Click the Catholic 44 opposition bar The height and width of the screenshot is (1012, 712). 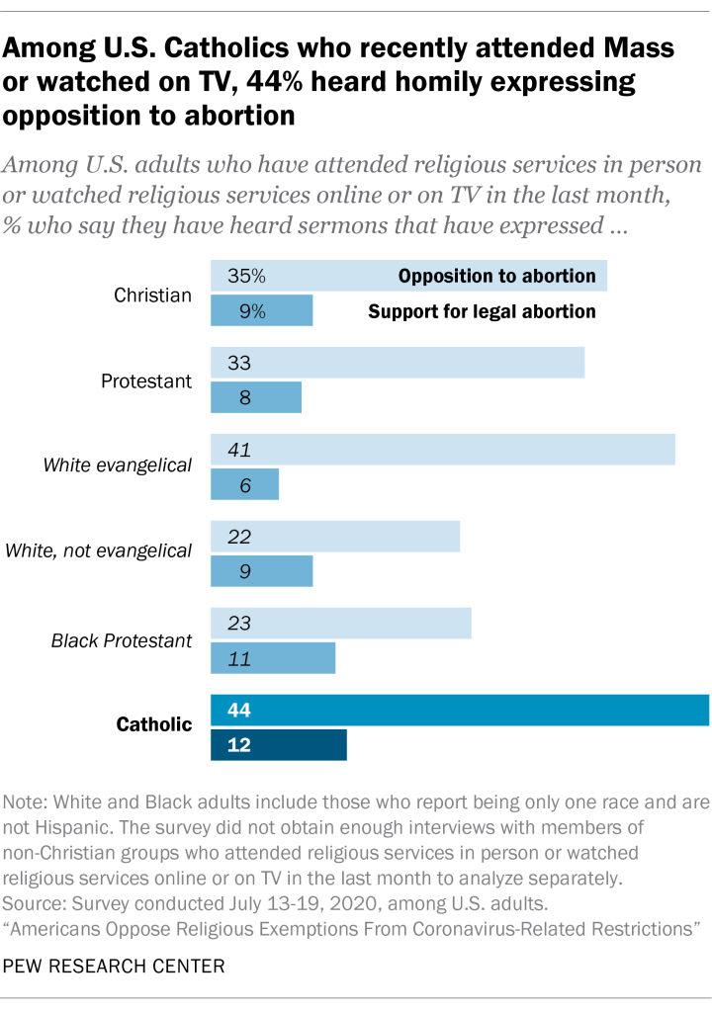coord(460,711)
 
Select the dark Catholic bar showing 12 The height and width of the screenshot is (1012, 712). coord(279,745)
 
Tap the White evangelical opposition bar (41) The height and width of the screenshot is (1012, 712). coord(443,450)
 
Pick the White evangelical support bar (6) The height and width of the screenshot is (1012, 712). coord(245,486)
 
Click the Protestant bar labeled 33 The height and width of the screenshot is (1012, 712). coord(398,363)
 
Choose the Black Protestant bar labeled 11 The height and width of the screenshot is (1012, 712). coord(273,658)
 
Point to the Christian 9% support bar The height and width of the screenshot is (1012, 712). coord(262,311)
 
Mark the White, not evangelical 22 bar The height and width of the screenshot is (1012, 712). coord(335,537)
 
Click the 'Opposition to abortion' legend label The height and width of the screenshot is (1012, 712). coord(496,276)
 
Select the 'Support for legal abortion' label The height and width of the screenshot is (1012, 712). coord(482,312)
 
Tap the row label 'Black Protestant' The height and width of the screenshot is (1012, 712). coord(122,640)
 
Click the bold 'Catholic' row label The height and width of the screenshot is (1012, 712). coord(154,725)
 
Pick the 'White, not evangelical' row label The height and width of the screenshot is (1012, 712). coord(99,550)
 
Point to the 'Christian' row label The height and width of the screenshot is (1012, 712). coord(153,294)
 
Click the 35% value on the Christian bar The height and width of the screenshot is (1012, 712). coord(246,276)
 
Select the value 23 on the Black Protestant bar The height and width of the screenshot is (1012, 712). coord(239,624)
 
